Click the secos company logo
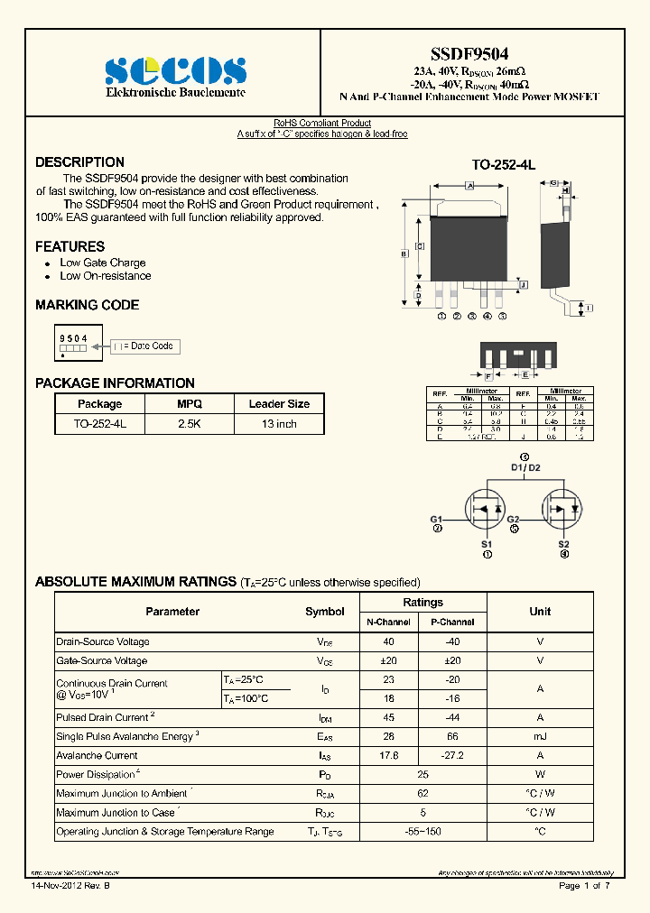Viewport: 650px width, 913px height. tap(175, 70)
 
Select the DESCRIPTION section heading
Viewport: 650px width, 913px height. tap(79, 162)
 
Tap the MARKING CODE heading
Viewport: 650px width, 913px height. tap(87, 305)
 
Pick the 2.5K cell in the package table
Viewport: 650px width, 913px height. tap(190, 423)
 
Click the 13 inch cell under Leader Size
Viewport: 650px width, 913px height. tap(279, 423)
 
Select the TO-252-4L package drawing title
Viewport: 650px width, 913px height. tap(504, 166)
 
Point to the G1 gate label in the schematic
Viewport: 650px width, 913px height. tap(436, 520)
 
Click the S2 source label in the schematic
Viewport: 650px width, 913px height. tap(563, 545)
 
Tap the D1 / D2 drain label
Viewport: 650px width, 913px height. tap(525, 468)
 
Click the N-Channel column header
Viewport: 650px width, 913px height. tap(388, 622)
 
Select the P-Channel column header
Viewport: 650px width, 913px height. tap(452, 622)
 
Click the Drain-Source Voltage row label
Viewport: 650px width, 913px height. tap(103, 642)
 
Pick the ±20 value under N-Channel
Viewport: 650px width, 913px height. tap(388, 661)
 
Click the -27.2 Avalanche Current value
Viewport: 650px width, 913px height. tap(452, 756)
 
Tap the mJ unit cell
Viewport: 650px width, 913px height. tap(540, 737)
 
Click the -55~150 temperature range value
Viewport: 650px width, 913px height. tap(422, 832)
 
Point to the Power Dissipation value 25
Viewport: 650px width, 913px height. tap(422, 775)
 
